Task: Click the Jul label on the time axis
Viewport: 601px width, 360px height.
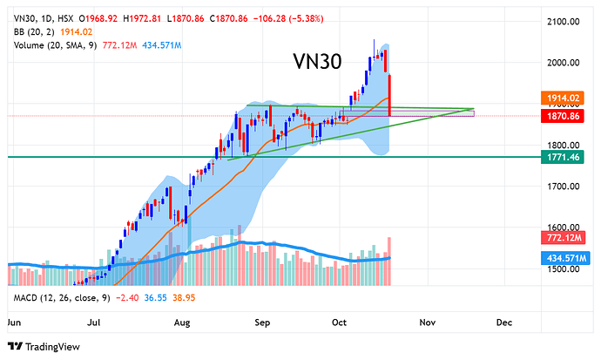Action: pos(92,322)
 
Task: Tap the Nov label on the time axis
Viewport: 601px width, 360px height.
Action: pos(427,322)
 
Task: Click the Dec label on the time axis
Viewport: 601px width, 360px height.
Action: pos(503,322)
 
